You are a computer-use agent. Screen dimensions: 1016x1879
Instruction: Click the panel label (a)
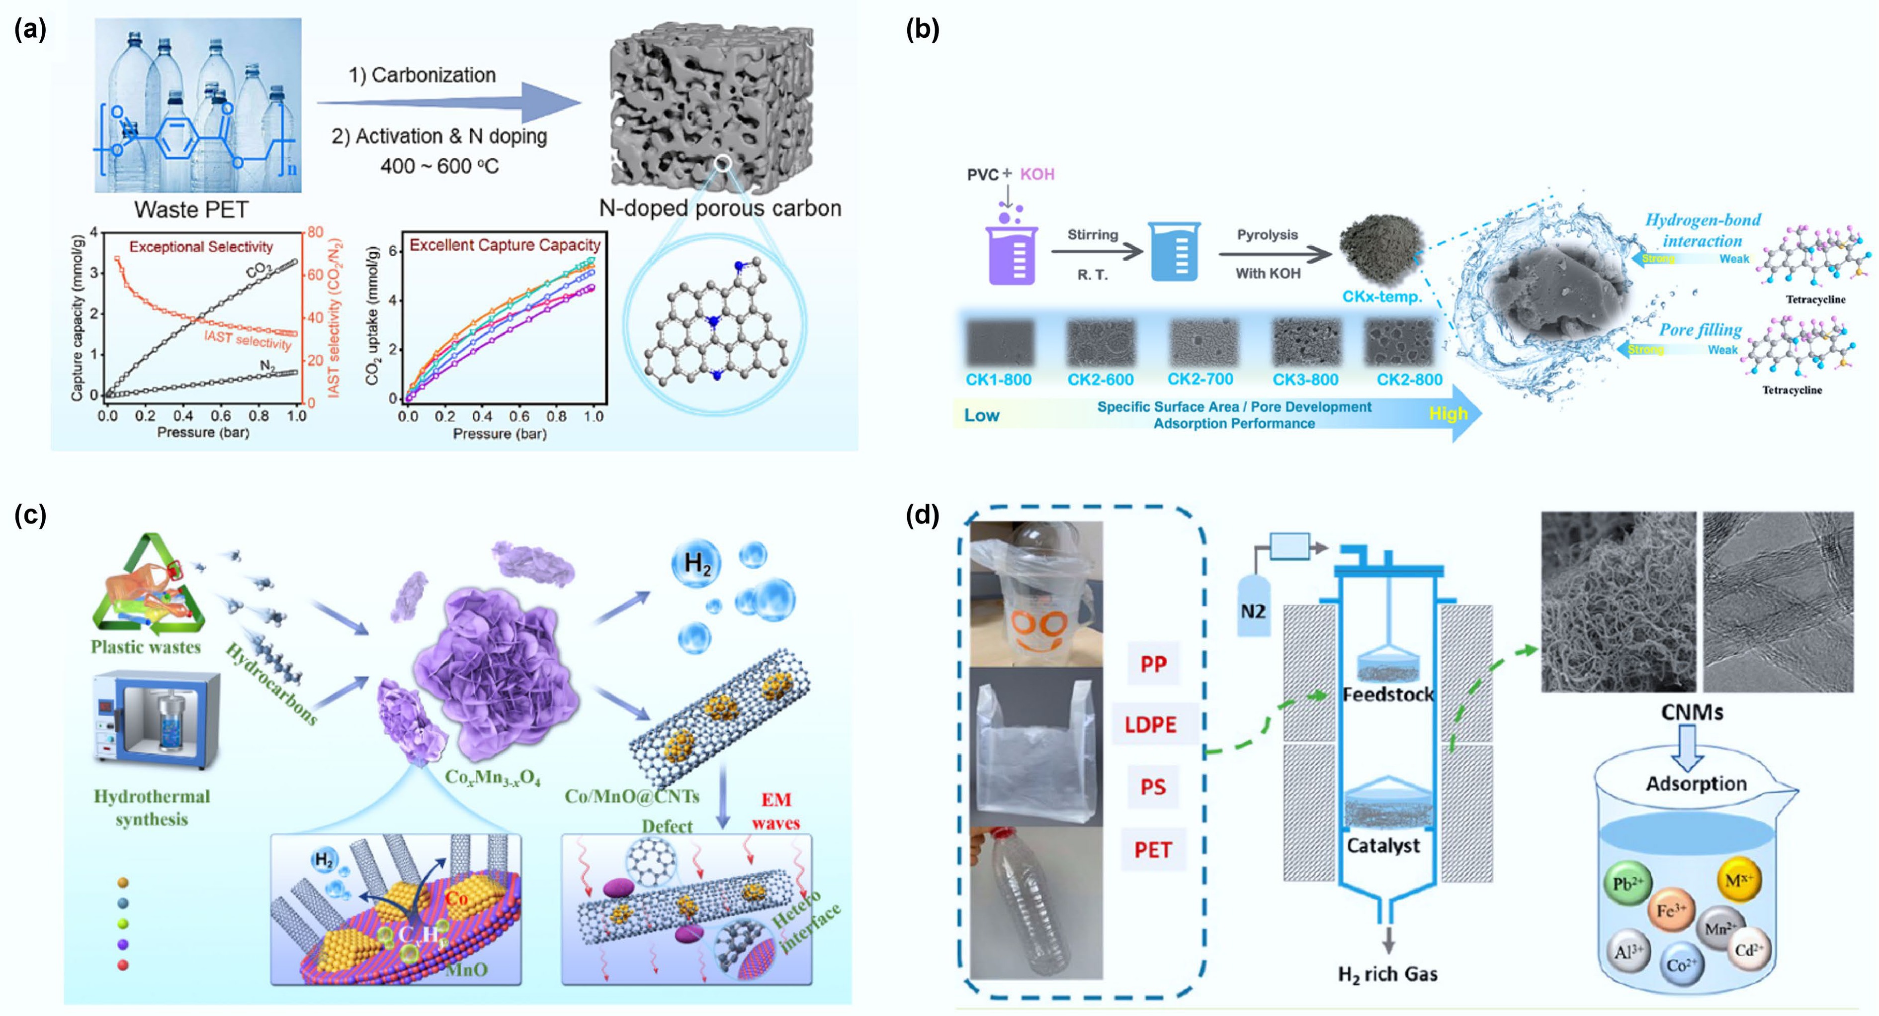click(30, 29)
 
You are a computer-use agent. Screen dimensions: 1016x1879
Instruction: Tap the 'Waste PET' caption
click(191, 210)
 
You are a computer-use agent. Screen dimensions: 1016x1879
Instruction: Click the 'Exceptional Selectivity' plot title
click(201, 247)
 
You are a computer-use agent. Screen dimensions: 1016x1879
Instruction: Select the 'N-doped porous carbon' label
click(720, 209)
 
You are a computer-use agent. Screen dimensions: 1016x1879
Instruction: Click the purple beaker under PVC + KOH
click(1011, 254)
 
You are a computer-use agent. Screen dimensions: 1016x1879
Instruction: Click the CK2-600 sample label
click(1100, 380)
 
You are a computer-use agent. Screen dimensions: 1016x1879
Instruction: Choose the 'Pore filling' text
click(1700, 330)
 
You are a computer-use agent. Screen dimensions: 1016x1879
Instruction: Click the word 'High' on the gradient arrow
click(1448, 414)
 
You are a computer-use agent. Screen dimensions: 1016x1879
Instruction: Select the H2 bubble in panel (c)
click(696, 563)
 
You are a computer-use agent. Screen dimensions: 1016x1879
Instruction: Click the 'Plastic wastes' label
click(146, 647)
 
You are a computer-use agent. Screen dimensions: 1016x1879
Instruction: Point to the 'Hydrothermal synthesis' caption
click(152, 807)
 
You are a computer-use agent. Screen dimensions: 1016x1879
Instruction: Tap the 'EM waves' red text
click(775, 811)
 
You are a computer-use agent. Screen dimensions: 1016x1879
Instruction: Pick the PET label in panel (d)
click(1152, 850)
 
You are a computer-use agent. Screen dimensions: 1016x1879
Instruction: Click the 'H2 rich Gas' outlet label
click(1387, 974)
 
